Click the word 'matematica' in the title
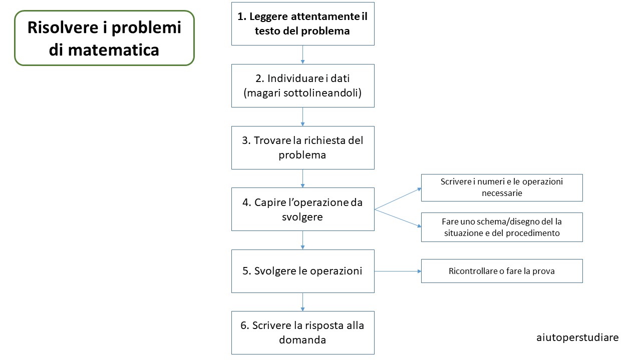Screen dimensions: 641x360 (113, 50)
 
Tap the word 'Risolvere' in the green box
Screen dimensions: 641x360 (63, 27)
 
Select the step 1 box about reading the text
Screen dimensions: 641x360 (303, 23)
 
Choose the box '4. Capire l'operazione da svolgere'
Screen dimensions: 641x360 (303, 209)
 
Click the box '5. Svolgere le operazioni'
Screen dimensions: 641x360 (303, 271)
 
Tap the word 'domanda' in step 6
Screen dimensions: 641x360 (302, 340)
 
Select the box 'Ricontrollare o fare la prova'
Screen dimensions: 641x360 (502, 271)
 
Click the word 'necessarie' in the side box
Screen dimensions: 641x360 (502, 193)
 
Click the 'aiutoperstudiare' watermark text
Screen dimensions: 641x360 (577, 337)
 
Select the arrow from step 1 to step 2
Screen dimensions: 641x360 (303, 54)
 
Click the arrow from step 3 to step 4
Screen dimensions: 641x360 (303, 178)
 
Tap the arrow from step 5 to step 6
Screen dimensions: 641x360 (303, 302)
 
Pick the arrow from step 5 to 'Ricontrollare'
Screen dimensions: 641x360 (398, 271)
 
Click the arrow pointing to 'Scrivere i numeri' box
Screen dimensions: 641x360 (398, 198)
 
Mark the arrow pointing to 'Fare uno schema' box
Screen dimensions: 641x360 (398, 218)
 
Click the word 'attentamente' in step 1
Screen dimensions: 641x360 (324, 16)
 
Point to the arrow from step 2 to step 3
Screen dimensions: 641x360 (303, 116)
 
